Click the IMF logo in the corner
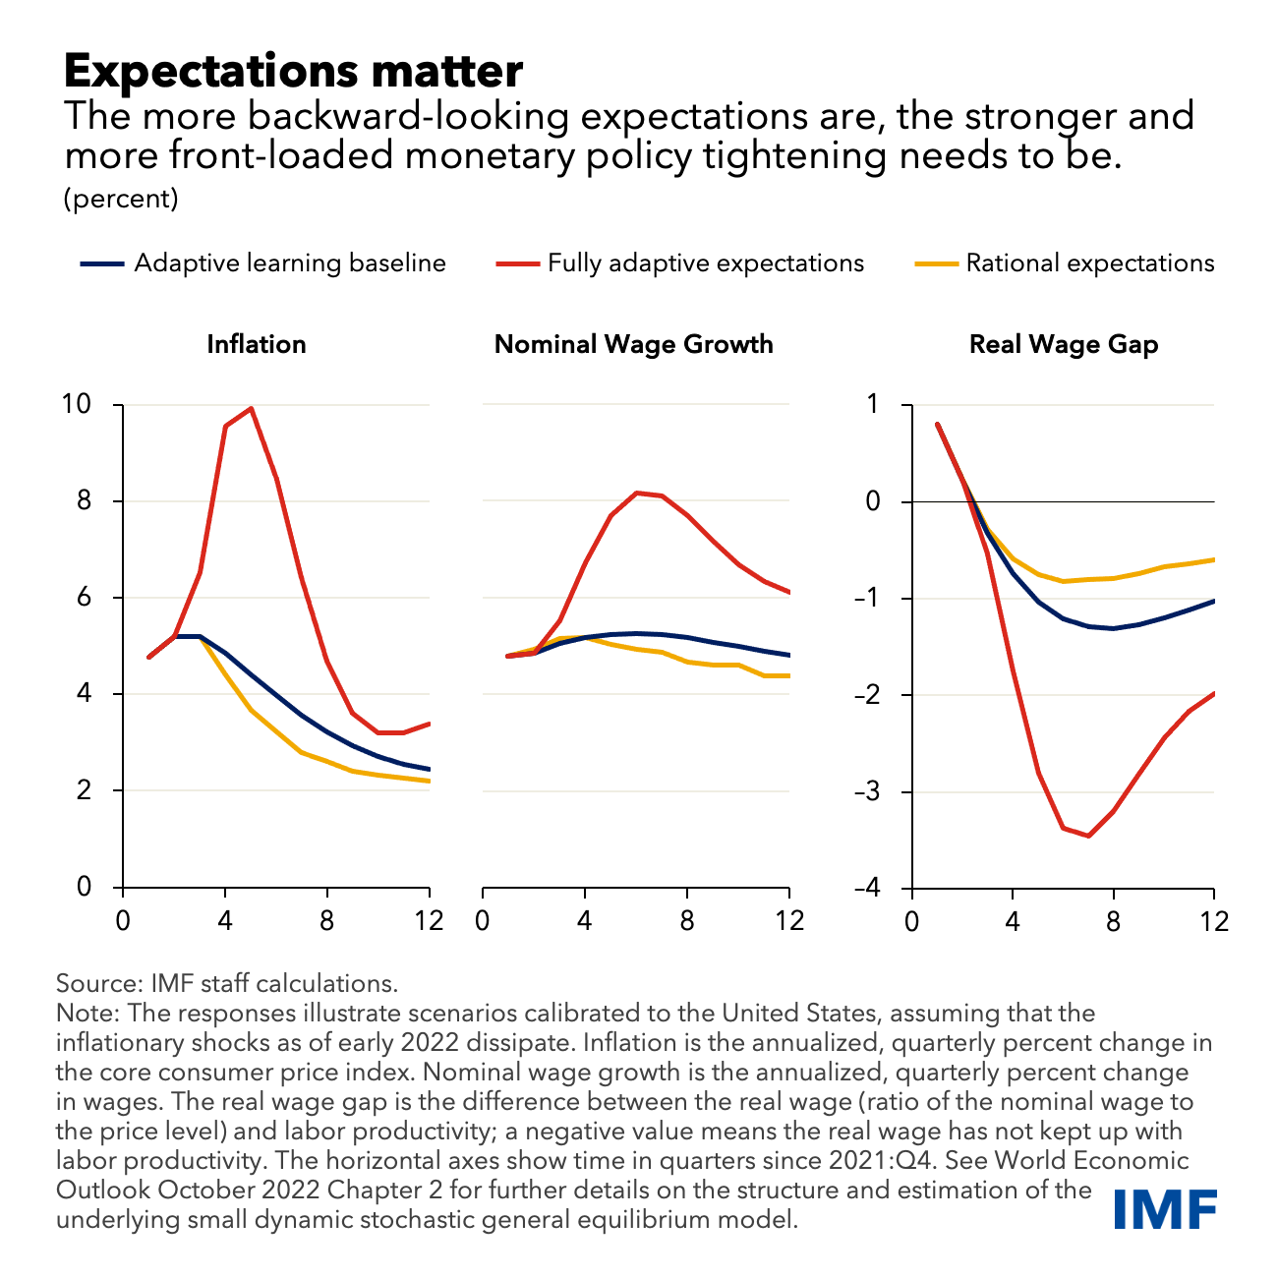(x=1166, y=1208)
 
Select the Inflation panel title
(x=256, y=344)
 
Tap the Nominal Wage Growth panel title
(x=633, y=344)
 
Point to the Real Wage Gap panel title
(x=1063, y=344)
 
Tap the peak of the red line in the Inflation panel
(x=252, y=408)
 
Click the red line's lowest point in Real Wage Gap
(x=1088, y=836)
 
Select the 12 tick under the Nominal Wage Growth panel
(x=789, y=921)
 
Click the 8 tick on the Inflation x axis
(x=327, y=921)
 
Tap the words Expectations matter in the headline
(x=293, y=71)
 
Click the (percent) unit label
(x=121, y=199)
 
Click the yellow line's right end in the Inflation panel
(x=430, y=782)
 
